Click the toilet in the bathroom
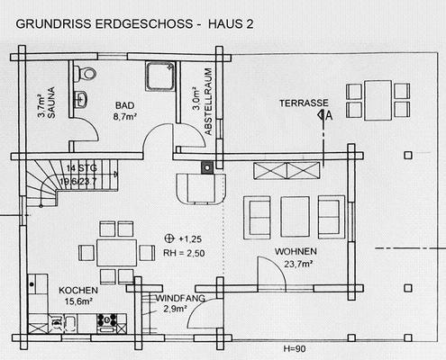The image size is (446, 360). (86, 73)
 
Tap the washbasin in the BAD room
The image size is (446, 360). (81, 99)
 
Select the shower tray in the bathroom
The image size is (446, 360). (160, 76)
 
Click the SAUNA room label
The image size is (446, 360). (51, 103)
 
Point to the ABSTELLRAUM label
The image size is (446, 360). (208, 102)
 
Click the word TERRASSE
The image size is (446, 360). (304, 103)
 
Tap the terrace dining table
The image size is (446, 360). (378, 100)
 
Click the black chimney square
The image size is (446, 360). (207, 167)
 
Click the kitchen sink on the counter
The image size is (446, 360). (70, 323)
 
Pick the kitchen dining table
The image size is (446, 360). (117, 252)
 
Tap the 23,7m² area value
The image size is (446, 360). (298, 264)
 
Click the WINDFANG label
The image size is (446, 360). (180, 299)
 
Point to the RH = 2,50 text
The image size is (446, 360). (184, 253)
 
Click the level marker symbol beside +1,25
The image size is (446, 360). (169, 238)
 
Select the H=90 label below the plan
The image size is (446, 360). (295, 349)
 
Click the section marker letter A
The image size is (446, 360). (329, 115)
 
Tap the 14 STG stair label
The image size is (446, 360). (82, 168)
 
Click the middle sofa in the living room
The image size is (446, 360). (295, 216)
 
